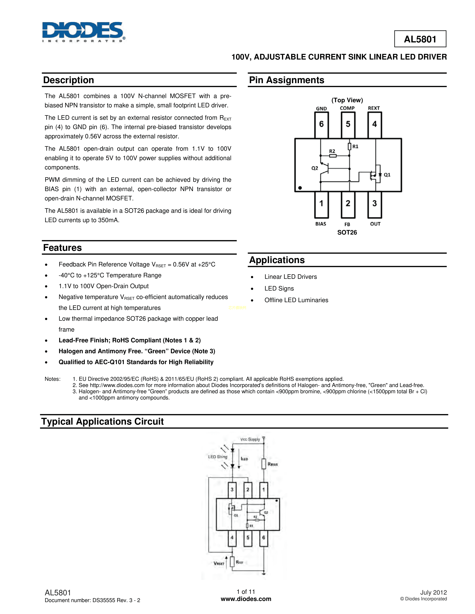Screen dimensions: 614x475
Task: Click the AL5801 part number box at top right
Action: pyautogui.click(x=420, y=39)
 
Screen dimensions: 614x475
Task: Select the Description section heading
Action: pyautogui.click(x=68, y=80)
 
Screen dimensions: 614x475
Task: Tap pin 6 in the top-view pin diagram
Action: pyautogui.click(x=321, y=124)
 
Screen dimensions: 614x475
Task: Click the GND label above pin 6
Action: pyautogui.click(x=321, y=108)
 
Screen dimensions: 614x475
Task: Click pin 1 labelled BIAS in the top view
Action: pyautogui.click(x=321, y=204)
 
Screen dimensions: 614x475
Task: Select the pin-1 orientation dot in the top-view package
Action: pyautogui.click(x=300, y=188)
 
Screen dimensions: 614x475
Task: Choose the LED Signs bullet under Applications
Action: pyautogui.click(x=279, y=288)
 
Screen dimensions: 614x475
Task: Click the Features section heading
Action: pyautogui.click(x=62, y=248)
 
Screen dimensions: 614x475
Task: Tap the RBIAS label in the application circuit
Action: pyautogui.click(x=272, y=464)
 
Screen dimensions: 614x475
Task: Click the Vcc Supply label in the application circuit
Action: pyautogui.click(x=250, y=439)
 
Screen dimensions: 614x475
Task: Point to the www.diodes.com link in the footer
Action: pyautogui.click(x=246, y=599)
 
